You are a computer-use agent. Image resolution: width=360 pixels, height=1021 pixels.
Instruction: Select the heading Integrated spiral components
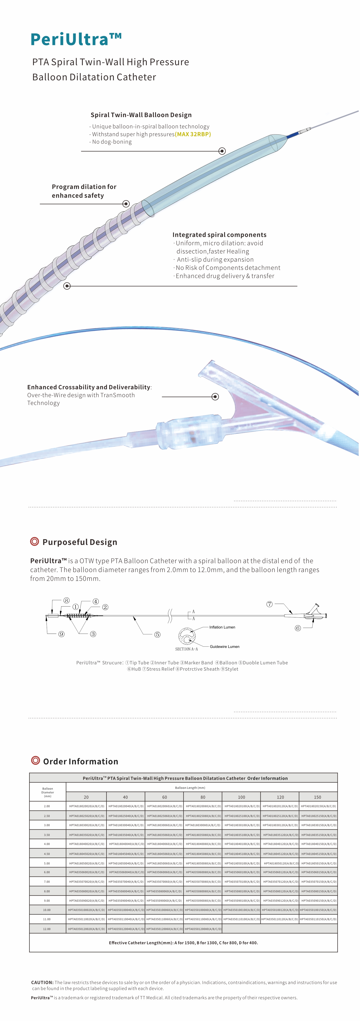point(219,235)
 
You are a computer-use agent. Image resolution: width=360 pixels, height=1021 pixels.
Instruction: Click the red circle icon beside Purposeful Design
point(35,541)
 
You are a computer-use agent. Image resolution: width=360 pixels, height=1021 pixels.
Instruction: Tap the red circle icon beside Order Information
point(35,761)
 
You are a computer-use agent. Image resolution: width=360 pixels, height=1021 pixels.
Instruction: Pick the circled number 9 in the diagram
point(61,634)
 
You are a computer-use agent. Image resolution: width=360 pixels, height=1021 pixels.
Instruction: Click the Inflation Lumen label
point(222,627)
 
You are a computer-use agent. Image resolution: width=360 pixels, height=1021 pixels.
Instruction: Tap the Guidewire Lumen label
point(224,647)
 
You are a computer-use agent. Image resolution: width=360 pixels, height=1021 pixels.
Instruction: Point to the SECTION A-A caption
point(186,649)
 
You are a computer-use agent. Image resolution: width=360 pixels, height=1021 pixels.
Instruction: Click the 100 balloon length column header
point(241,797)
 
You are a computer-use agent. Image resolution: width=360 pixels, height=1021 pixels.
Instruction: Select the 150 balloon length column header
point(318,797)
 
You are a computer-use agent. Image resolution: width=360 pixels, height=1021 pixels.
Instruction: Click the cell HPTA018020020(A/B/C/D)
point(87,806)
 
